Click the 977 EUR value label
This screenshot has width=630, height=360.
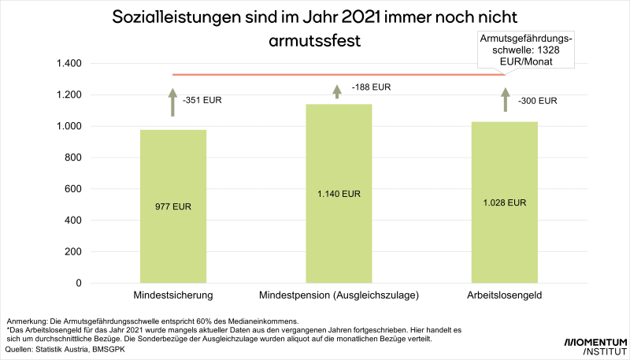[x=173, y=207]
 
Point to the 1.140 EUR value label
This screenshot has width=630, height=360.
[x=339, y=193]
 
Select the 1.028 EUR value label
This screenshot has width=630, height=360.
[x=504, y=202]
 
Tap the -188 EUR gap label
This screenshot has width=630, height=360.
[x=369, y=87]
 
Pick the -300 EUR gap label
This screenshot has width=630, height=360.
[x=537, y=101]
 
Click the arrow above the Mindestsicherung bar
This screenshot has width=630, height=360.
[x=173, y=102]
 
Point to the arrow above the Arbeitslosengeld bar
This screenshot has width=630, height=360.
[x=506, y=99]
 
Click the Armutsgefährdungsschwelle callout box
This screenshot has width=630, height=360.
[x=526, y=49]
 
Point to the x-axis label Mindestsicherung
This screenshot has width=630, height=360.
[x=174, y=295]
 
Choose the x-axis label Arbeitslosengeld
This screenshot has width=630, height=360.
[x=505, y=295]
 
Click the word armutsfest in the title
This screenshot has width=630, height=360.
[x=314, y=41]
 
